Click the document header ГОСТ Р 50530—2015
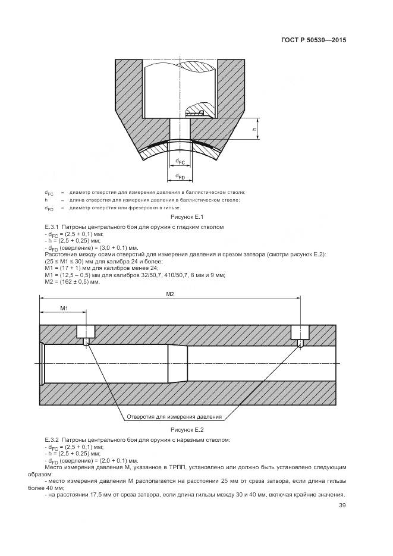tap(313, 40)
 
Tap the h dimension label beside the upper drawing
tap(254, 128)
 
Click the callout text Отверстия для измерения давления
tap(174, 417)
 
